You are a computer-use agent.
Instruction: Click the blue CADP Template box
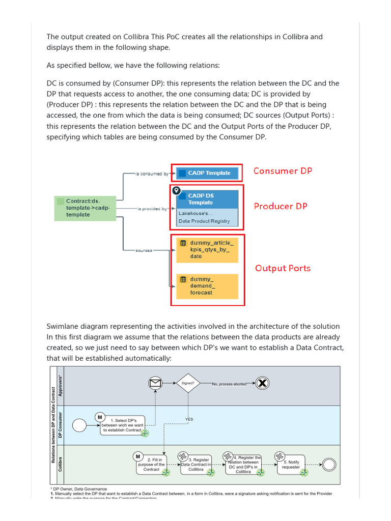pos(207,173)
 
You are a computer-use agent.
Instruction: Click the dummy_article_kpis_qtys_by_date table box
pos(207,249)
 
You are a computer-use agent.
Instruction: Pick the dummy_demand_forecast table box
pos(207,286)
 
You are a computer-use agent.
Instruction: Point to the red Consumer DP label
pos(283,171)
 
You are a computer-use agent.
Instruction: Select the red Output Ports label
pos(282,268)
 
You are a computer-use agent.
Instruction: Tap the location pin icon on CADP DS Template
pos(176,191)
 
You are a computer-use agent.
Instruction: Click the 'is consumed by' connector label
pos(152,174)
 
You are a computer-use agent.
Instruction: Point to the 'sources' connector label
pos(144,250)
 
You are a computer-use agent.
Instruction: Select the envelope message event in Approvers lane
pos(155,384)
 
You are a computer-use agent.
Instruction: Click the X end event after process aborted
pos(263,384)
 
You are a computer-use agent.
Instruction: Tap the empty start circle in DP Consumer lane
pos(79,425)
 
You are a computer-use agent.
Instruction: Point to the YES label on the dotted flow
pos(189,419)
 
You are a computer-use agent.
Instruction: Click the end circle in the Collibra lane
pos(328,464)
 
